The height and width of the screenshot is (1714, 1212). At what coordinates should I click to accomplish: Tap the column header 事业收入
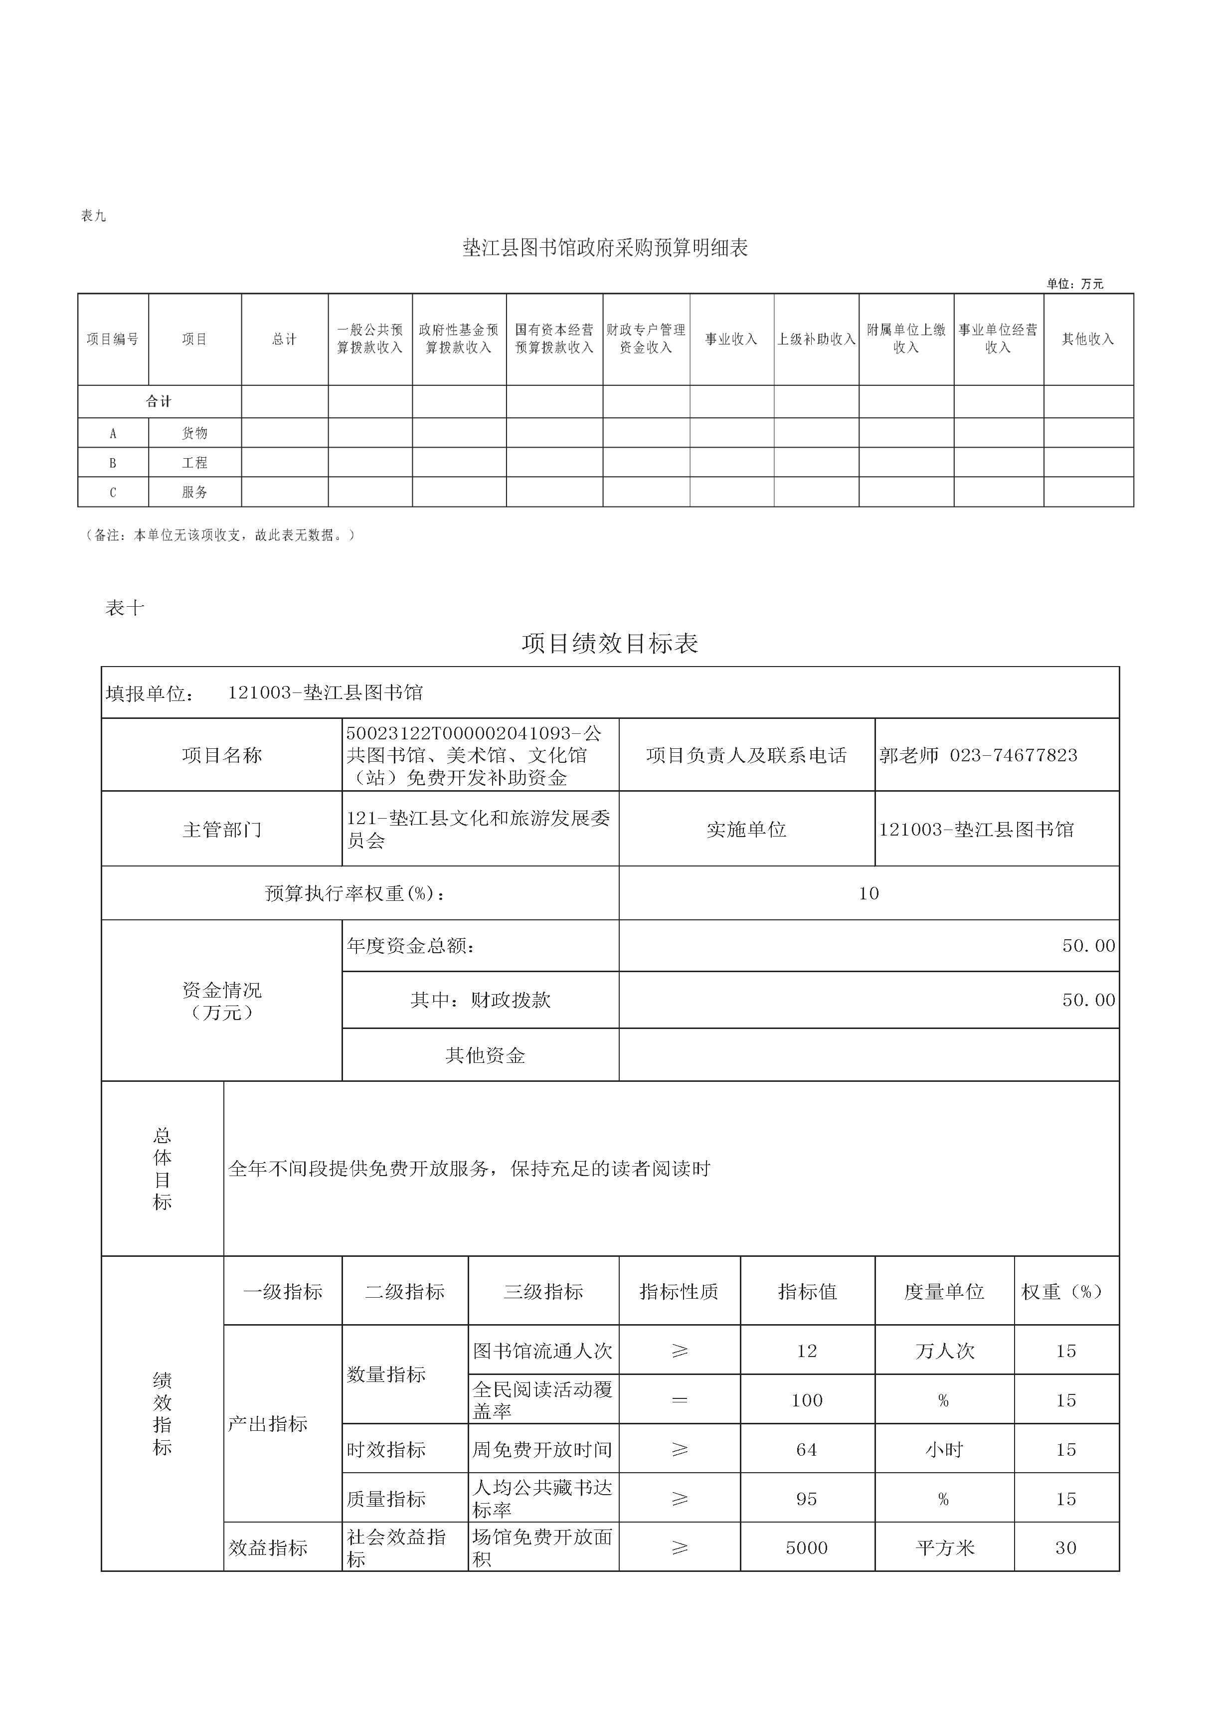point(731,339)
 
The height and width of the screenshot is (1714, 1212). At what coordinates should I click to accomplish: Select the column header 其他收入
point(1088,339)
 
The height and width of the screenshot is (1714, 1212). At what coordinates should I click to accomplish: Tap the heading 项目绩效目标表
point(609,644)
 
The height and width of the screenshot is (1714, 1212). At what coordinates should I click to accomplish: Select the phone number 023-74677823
point(1014,755)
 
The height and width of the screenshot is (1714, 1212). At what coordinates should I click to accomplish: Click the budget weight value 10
point(868,893)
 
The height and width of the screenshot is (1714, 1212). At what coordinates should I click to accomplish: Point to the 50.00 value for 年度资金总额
point(1088,946)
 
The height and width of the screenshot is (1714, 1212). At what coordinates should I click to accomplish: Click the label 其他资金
point(486,1055)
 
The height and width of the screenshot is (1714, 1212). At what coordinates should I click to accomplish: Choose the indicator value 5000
point(807,1547)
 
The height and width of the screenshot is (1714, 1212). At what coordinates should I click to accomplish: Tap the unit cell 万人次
point(945,1351)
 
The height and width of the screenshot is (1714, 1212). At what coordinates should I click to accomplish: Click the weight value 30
point(1065,1547)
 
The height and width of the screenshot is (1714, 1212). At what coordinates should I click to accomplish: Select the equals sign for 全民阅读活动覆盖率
point(680,1400)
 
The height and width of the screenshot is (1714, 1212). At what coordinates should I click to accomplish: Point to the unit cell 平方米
point(945,1547)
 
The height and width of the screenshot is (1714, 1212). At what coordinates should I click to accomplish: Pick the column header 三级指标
point(543,1291)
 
